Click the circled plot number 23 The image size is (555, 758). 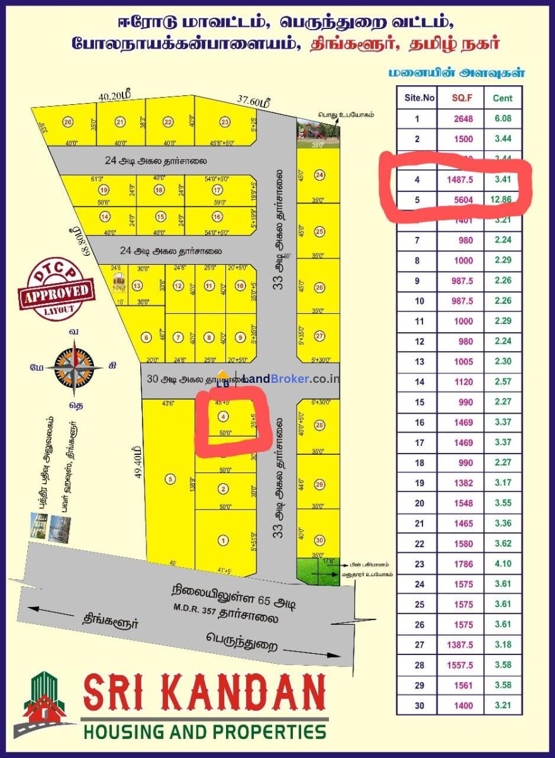tap(224, 122)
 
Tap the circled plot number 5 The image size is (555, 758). tap(170, 479)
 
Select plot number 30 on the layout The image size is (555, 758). tap(319, 540)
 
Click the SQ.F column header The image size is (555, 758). tap(467, 98)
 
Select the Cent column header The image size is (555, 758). tap(503, 98)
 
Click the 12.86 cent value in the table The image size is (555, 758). tap(503, 200)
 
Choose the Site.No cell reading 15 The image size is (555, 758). tap(417, 402)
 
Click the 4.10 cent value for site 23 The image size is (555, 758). tap(503, 563)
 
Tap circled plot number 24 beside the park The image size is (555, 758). tap(319, 175)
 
